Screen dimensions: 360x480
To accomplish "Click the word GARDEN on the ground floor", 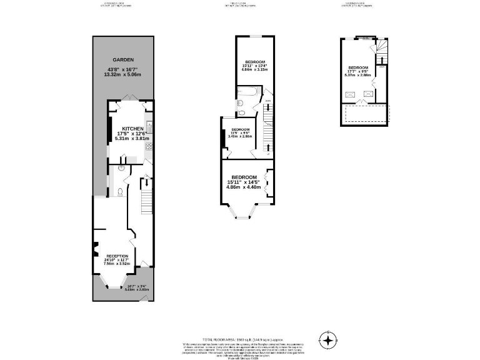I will (x=123, y=60).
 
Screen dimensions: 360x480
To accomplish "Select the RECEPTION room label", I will (x=117, y=256).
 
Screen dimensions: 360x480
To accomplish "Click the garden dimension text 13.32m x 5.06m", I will (x=123, y=74).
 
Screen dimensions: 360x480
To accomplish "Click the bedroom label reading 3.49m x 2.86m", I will (x=241, y=136).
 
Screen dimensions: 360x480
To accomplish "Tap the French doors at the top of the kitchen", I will (x=129, y=99).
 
